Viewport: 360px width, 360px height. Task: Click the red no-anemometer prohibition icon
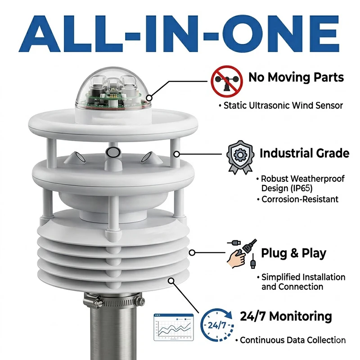(227, 81)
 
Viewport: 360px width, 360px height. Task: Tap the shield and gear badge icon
(240, 157)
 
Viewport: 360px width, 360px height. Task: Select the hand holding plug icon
(242, 253)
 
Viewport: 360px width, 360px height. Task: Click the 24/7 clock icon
(217, 325)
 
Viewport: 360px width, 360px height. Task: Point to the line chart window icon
(174, 327)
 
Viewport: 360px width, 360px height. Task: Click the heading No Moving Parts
(296, 77)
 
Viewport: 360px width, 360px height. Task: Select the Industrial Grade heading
(305, 153)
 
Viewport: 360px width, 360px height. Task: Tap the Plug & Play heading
(294, 253)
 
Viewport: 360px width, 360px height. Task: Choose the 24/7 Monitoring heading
(286, 316)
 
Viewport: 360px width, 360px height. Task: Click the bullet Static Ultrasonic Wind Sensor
(281, 106)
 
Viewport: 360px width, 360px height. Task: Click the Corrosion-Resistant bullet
(298, 199)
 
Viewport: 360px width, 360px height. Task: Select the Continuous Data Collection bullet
(290, 340)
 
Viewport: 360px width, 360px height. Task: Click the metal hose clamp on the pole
(114, 301)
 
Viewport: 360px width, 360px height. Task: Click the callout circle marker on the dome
(149, 98)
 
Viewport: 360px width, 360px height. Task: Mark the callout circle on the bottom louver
(171, 280)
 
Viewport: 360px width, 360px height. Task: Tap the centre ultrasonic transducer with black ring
(113, 152)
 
